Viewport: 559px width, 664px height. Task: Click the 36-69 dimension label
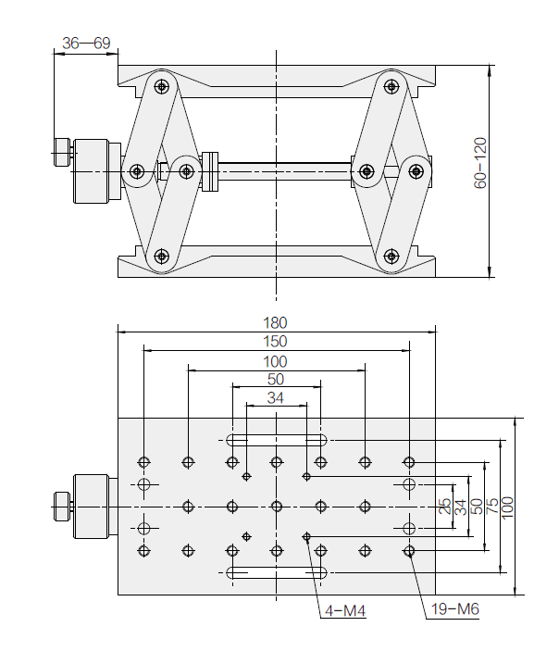coord(85,43)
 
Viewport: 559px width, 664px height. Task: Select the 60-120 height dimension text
coord(480,164)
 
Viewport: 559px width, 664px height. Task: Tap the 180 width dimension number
coord(276,323)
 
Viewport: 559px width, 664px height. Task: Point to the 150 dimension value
coord(276,342)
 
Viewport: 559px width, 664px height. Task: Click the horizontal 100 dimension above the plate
coord(276,361)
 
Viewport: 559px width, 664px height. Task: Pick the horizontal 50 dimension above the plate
coord(276,380)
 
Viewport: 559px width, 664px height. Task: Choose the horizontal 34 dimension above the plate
coord(276,398)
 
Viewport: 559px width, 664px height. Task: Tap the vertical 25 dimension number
coord(444,507)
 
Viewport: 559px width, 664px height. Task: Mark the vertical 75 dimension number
coord(491,507)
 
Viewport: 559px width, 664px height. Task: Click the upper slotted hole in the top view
coord(276,439)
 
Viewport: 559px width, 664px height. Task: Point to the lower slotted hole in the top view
coord(276,573)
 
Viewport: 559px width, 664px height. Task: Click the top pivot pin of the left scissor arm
coord(163,87)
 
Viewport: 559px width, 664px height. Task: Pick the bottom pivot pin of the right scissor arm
coord(390,257)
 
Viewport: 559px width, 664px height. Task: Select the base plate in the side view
coord(276,267)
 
